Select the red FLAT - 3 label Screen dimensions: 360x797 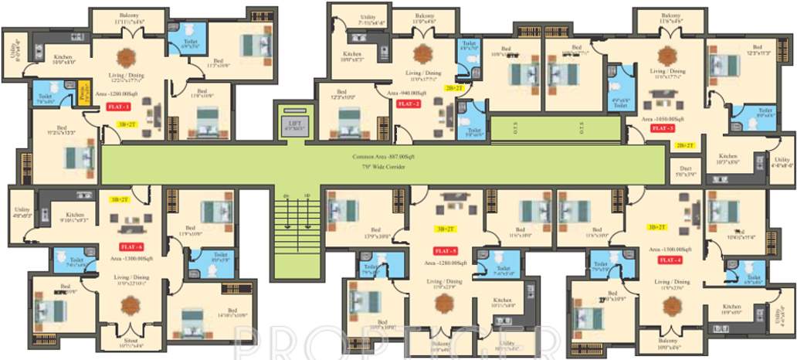662,128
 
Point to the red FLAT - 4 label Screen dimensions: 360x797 669,260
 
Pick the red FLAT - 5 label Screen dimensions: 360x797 446,252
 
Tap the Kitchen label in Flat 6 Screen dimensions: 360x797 75,215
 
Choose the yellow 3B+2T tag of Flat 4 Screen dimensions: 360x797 658,227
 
